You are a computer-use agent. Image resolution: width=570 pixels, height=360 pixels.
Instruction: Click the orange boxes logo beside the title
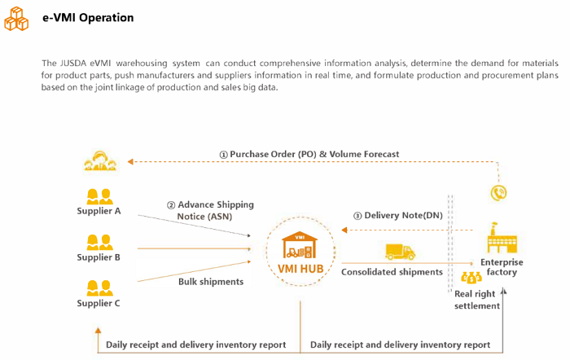pos(16,19)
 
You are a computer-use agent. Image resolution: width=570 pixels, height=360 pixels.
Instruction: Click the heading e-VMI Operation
pos(88,18)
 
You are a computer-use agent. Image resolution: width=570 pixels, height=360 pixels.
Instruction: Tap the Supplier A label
pos(99,212)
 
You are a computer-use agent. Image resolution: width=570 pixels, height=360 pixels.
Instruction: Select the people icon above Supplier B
pos(99,242)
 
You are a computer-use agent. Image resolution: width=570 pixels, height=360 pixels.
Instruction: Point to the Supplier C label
pos(99,303)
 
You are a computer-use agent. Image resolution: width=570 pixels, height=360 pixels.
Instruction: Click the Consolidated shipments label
pos(392,272)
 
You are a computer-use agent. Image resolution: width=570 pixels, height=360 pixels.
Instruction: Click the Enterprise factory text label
pos(502,267)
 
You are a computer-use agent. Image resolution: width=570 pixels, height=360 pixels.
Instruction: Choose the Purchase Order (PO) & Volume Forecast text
pos(309,154)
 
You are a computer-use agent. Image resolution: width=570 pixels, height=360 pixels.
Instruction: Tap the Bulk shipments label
pos(211,281)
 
